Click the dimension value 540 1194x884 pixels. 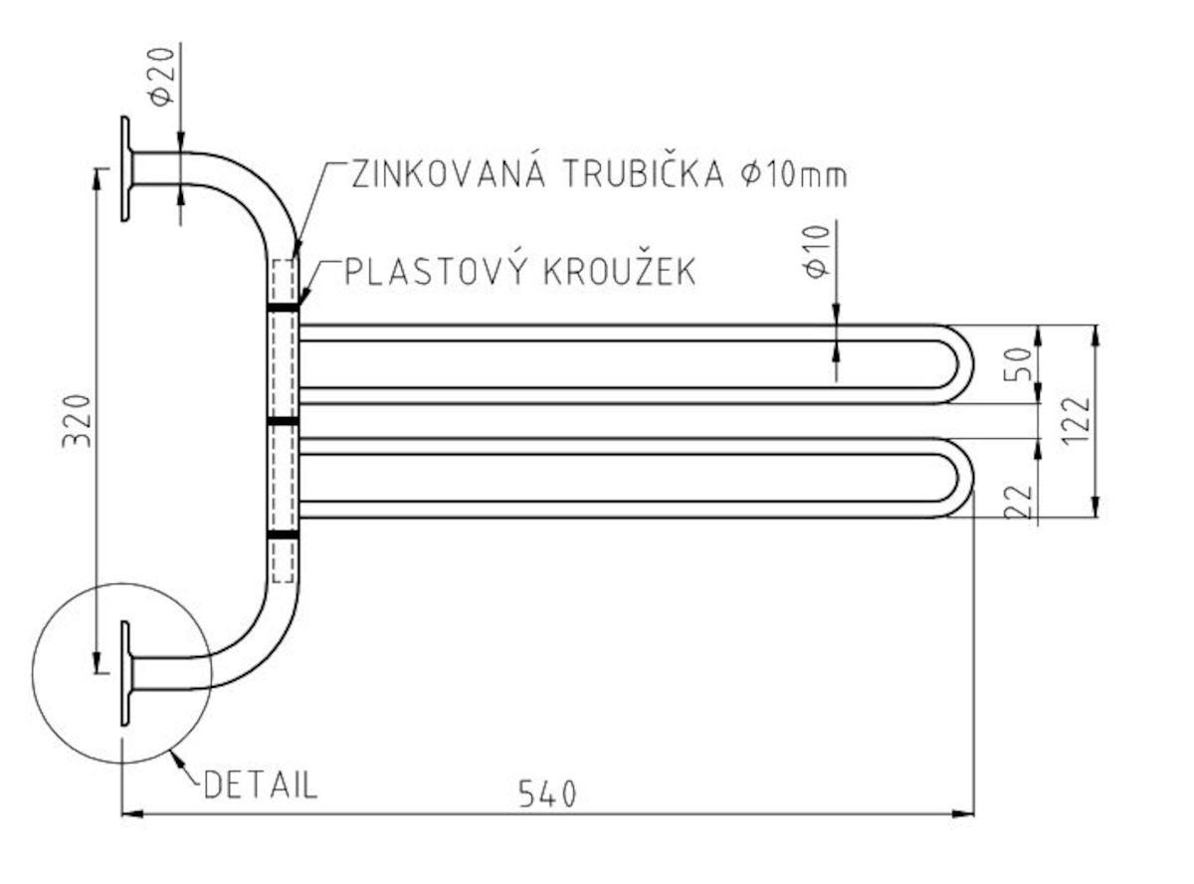pos(547,794)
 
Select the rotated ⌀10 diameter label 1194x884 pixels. pos(817,253)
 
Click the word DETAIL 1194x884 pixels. pos(261,785)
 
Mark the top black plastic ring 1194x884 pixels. pos(284,309)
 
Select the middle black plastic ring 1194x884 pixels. pos(284,422)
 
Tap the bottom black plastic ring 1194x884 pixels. pos(284,536)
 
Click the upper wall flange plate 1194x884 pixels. pos(126,168)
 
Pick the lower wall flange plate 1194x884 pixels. pos(126,674)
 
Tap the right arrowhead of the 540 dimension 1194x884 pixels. pos(965,814)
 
